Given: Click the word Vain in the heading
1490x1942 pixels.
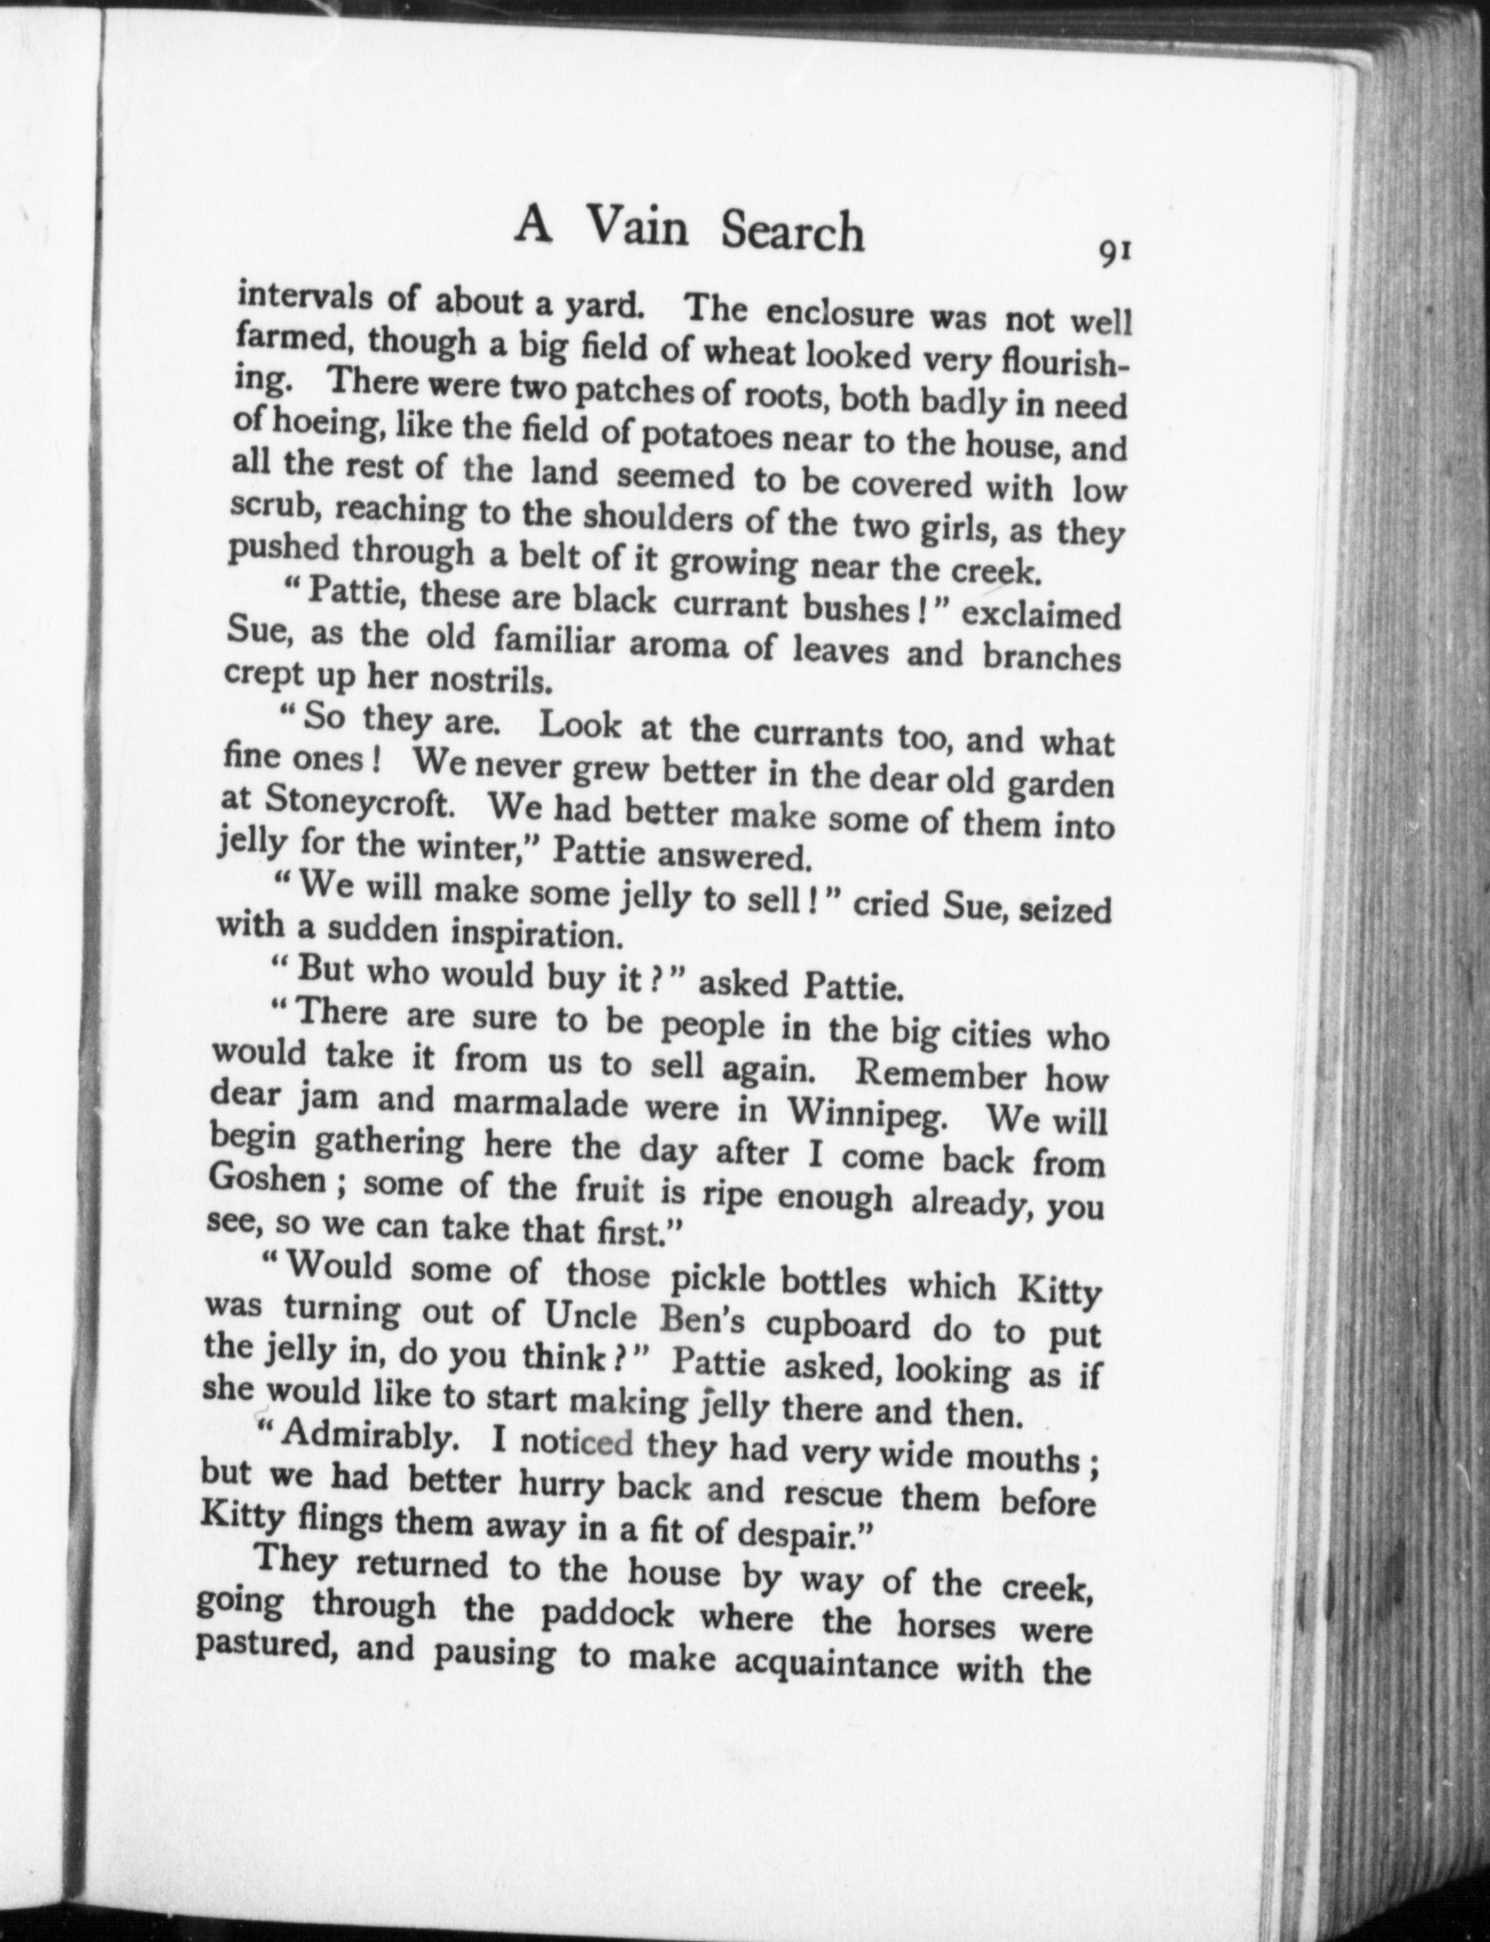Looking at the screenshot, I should point(637,228).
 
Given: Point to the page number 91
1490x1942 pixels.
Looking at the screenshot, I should point(1113,253).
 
